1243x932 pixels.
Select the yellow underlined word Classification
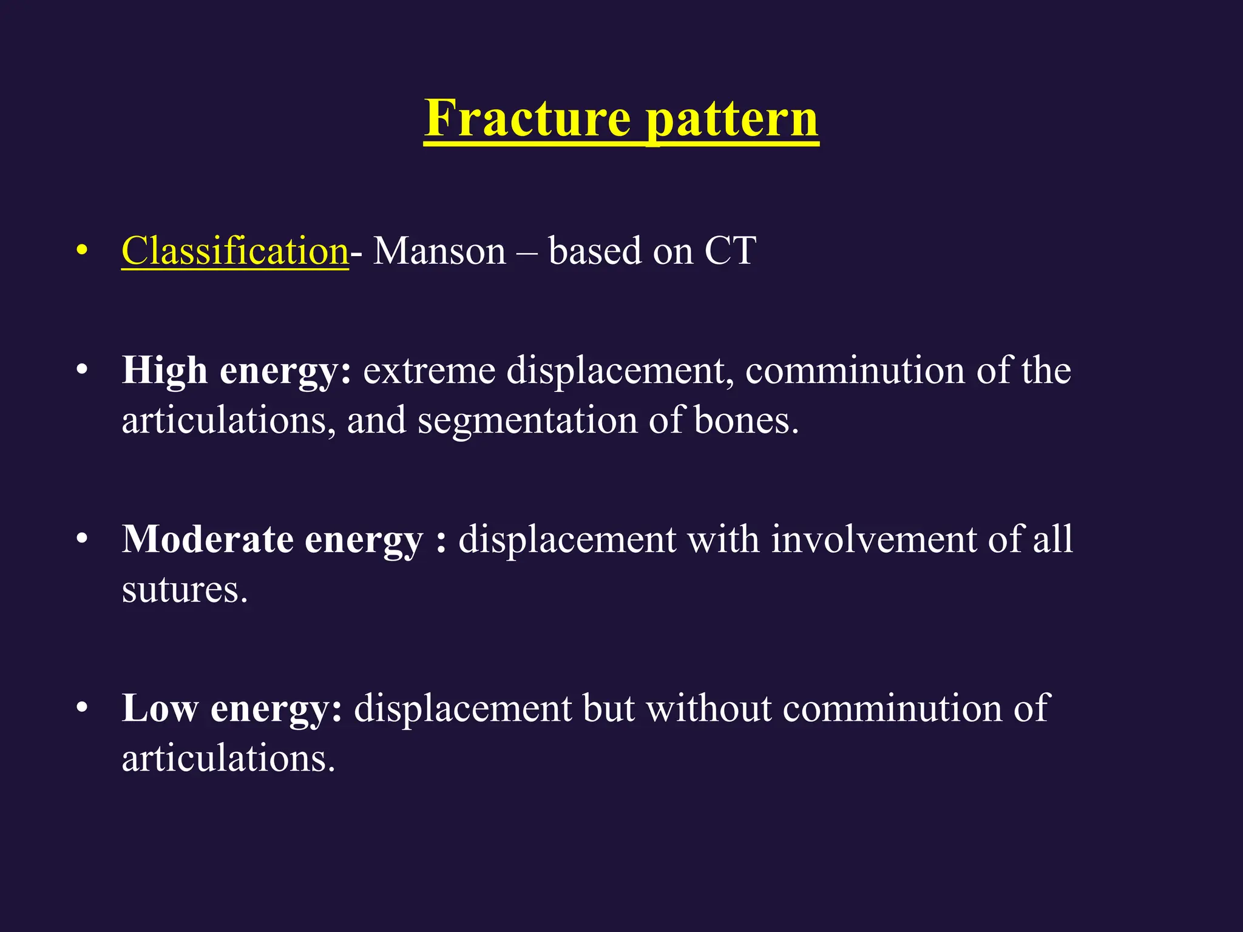pyautogui.click(x=235, y=251)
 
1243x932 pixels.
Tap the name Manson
pyautogui.click(x=439, y=251)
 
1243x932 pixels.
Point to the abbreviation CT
pyautogui.click(x=730, y=251)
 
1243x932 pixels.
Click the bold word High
pyautogui.click(x=164, y=370)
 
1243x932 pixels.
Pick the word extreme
pyautogui.click(x=428, y=370)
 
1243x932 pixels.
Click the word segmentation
pyautogui.click(x=527, y=420)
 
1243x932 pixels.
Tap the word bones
pyautogui.click(x=745, y=420)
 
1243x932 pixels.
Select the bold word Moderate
pyautogui.click(x=207, y=539)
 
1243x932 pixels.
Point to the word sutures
pyautogui.click(x=185, y=589)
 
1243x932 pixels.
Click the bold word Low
pyautogui.click(x=160, y=707)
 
